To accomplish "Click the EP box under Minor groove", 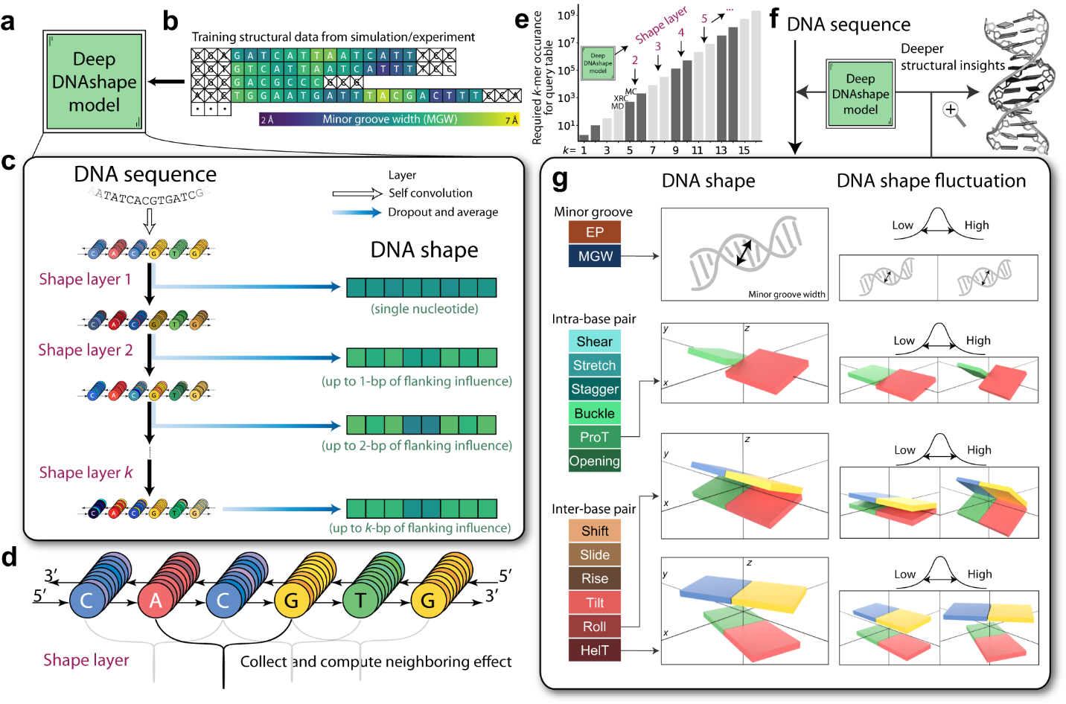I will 594,232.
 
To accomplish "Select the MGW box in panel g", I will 594,256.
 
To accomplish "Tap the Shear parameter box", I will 594,342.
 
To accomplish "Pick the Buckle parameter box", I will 594,413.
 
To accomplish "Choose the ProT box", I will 594,437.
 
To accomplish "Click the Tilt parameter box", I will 594,602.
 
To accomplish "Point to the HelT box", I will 594,650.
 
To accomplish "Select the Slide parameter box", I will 594,554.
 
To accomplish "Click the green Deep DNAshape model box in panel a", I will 94,82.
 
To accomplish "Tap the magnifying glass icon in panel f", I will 952,112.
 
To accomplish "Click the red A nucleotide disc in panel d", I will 156,601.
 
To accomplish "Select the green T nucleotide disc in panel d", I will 360,601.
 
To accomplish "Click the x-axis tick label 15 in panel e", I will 744,150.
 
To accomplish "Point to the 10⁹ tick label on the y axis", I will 566,16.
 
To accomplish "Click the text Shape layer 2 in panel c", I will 86,350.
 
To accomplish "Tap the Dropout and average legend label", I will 443,212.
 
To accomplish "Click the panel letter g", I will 560,179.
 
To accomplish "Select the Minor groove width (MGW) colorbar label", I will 389,119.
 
